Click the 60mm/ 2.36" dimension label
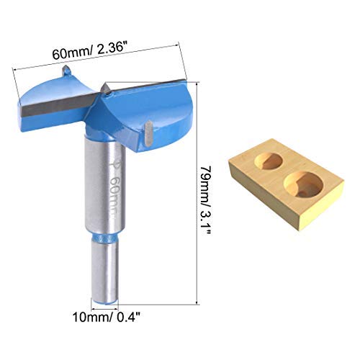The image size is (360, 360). (89, 51)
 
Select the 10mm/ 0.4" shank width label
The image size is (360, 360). (107, 318)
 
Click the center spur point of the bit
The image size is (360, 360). (106, 89)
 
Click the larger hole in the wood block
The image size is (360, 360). (303, 185)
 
